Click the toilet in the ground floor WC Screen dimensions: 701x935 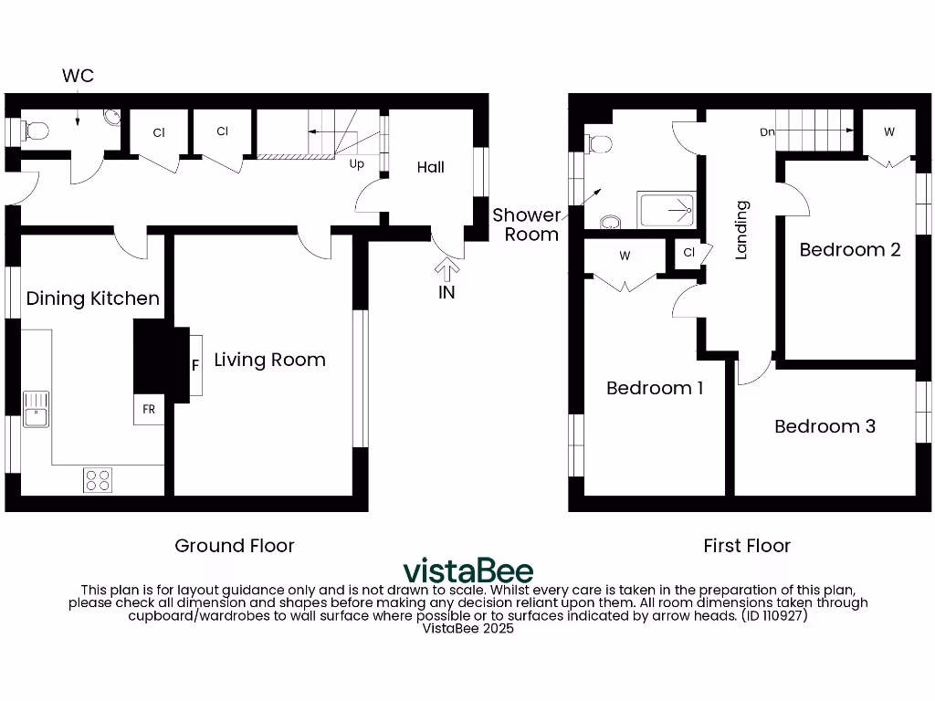pos(36,131)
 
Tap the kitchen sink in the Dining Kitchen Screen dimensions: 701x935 pos(37,408)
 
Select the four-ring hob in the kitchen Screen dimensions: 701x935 pos(98,479)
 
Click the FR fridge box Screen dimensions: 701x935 pos(148,410)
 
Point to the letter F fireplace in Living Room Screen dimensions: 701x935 pos(194,365)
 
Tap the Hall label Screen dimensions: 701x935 pos(431,167)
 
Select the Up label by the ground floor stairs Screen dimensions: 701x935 pos(358,165)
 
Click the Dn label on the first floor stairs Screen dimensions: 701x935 pos(768,131)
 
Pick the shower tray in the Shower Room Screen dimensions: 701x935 pos(666,211)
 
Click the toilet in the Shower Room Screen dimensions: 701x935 pos(600,143)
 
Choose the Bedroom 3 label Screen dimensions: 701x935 pos(825,426)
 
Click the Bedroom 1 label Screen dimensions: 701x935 pos(655,388)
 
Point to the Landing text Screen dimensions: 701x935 pos(741,230)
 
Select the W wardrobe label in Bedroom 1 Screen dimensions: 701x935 pos(625,256)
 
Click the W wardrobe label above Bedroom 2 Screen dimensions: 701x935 pos(888,132)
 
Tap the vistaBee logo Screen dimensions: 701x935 pos(467,570)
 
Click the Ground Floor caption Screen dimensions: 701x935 pos(235,546)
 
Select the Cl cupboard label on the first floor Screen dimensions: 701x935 pos(688,253)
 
